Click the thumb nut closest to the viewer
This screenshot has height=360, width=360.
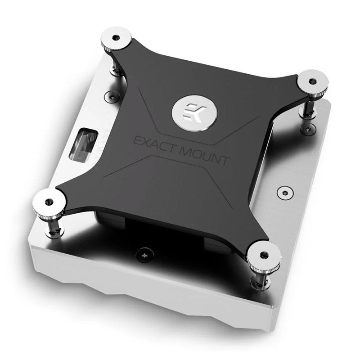(264, 254)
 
